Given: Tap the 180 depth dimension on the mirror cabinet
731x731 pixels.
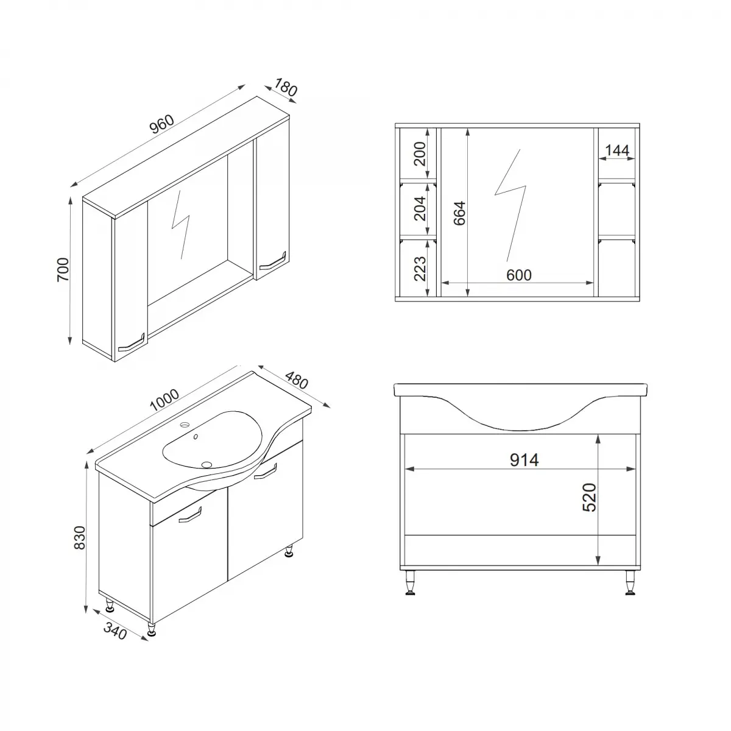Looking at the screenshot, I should pos(286,88).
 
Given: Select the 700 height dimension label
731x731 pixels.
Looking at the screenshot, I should pos(63,269).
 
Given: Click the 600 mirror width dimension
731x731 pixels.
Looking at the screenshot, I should pos(519,275).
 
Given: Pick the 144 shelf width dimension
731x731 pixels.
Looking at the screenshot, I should pos(617,150).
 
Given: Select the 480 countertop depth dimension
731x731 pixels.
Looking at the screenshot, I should pos(295,382).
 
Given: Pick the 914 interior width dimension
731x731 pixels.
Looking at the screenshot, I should pos(524,460).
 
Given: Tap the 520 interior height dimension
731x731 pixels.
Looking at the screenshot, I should pos(589,497).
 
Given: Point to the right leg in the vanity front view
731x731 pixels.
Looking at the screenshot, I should pos(628,583).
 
